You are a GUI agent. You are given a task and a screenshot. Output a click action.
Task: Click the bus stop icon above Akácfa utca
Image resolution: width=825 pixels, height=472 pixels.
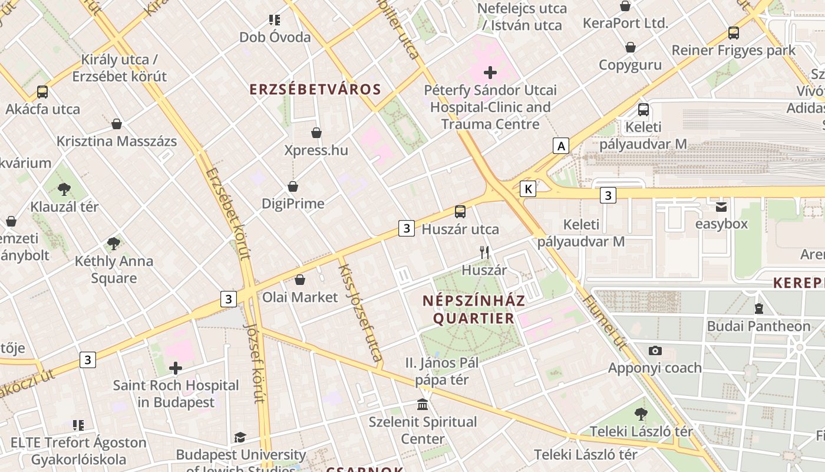tap(42, 92)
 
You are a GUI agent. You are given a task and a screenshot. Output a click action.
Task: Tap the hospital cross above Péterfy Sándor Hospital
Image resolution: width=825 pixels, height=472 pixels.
tap(490, 73)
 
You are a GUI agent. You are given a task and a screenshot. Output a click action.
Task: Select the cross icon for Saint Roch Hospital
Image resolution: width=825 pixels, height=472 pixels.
tap(176, 369)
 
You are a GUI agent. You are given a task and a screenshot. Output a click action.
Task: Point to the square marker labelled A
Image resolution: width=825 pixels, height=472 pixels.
tap(561, 146)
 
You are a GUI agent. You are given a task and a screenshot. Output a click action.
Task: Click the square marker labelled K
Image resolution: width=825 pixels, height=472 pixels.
tap(528, 189)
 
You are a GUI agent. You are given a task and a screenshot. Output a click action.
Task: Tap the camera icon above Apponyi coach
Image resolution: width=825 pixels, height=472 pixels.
tap(655, 350)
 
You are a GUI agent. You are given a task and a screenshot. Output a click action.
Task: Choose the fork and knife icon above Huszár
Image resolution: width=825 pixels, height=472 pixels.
tap(484, 253)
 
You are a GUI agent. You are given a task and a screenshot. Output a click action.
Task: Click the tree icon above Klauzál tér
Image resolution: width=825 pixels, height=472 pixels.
tap(64, 189)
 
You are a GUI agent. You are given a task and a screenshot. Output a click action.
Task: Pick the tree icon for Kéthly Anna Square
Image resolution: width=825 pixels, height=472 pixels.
tap(114, 243)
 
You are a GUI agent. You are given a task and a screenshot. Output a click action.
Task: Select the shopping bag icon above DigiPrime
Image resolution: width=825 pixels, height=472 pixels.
tap(293, 186)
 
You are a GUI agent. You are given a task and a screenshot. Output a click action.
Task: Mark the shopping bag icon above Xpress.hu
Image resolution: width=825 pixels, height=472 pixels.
tap(316, 133)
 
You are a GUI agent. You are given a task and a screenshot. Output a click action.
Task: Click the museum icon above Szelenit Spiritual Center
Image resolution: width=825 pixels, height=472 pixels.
tap(423, 405)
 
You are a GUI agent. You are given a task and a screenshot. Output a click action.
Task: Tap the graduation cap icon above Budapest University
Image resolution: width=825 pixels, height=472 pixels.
tap(240, 437)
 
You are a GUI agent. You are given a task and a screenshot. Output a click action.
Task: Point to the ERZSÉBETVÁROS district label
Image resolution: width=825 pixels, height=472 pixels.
tap(315, 90)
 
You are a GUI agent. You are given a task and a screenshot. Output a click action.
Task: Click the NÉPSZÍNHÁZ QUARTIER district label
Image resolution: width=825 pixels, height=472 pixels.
tap(474, 309)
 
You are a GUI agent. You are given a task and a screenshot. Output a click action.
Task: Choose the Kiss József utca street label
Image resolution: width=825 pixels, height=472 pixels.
tap(361, 313)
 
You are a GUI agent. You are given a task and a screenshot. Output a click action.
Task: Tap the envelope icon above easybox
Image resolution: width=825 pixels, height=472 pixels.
tap(721, 206)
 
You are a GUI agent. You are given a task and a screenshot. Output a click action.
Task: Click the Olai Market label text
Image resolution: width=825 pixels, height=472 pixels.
tap(300, 297)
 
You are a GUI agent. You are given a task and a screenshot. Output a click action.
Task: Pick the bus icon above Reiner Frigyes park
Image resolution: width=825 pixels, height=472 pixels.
tap(734, 33)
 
